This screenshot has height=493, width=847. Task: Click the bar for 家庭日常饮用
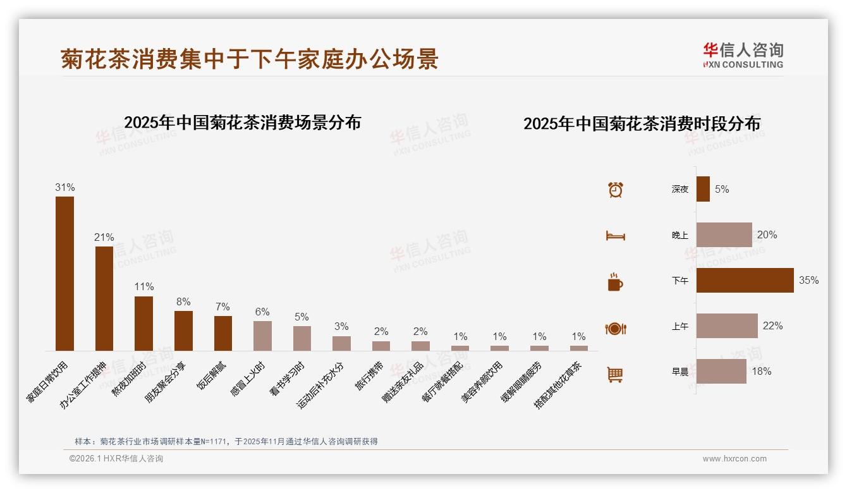[x=64, y=273]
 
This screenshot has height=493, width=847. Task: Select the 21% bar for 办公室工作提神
[x=104, y=298]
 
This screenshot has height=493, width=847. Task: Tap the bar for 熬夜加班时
[x=143, y=323]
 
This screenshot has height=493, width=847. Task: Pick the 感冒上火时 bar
[x=262, y=336]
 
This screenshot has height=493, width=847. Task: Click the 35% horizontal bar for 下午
[x=745, y=280]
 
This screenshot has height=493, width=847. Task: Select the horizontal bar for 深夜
[x=703, y=189]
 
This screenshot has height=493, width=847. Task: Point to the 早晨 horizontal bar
[x=721, y=371]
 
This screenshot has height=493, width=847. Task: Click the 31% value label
[x=64, y=187]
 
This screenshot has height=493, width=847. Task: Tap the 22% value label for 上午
[x=772, y=326]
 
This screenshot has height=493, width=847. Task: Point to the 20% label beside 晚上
[x=767, y=234]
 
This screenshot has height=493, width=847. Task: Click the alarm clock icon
[x=615, y=190]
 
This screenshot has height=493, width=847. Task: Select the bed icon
[x=615, y=236]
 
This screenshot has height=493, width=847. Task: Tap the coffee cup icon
[x=615, y=282]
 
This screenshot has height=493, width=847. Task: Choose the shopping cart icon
[x=615, y=374]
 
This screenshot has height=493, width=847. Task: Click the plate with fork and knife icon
[x=615, y=329]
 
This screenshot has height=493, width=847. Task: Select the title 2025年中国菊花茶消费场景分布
[x=242, y=122]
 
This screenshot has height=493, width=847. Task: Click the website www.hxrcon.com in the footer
[x=734, y=459]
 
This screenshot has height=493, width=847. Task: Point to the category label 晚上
[x=680, y=235]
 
